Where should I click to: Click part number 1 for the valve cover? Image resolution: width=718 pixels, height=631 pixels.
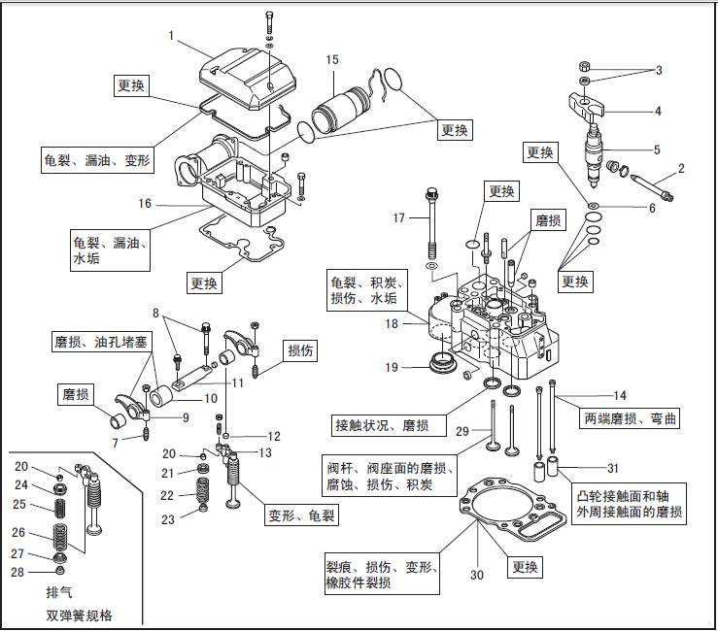click(171, 36)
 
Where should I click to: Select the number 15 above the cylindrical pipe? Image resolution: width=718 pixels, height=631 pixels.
click(332, 60)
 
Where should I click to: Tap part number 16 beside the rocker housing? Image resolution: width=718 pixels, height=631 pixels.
click(145, 205)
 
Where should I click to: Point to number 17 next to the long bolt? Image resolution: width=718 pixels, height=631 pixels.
click(398, 218)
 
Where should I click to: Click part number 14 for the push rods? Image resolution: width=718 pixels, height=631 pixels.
click(620, 395)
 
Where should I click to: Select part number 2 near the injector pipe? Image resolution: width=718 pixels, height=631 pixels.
click(681, 169)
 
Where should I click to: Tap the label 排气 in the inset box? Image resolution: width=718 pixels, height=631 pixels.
click(59, 591)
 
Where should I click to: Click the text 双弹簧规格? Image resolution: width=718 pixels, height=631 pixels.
click(79, 614)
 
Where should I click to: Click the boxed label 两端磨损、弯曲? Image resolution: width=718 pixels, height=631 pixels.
click(630, 419)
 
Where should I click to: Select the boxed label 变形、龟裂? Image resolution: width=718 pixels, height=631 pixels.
click(302, 515)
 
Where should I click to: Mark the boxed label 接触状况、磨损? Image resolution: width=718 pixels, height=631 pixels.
click(377, 425)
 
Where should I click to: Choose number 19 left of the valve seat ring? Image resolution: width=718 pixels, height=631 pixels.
click(391, 368)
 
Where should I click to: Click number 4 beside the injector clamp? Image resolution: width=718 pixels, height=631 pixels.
click(658, 111)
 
